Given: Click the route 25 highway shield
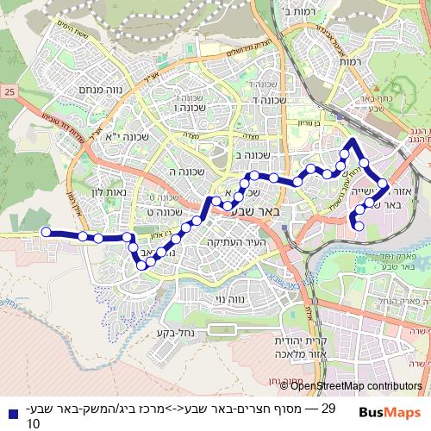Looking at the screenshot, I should [9, 91].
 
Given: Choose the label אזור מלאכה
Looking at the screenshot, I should [278, 353].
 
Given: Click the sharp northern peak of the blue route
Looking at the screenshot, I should [352, 139].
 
